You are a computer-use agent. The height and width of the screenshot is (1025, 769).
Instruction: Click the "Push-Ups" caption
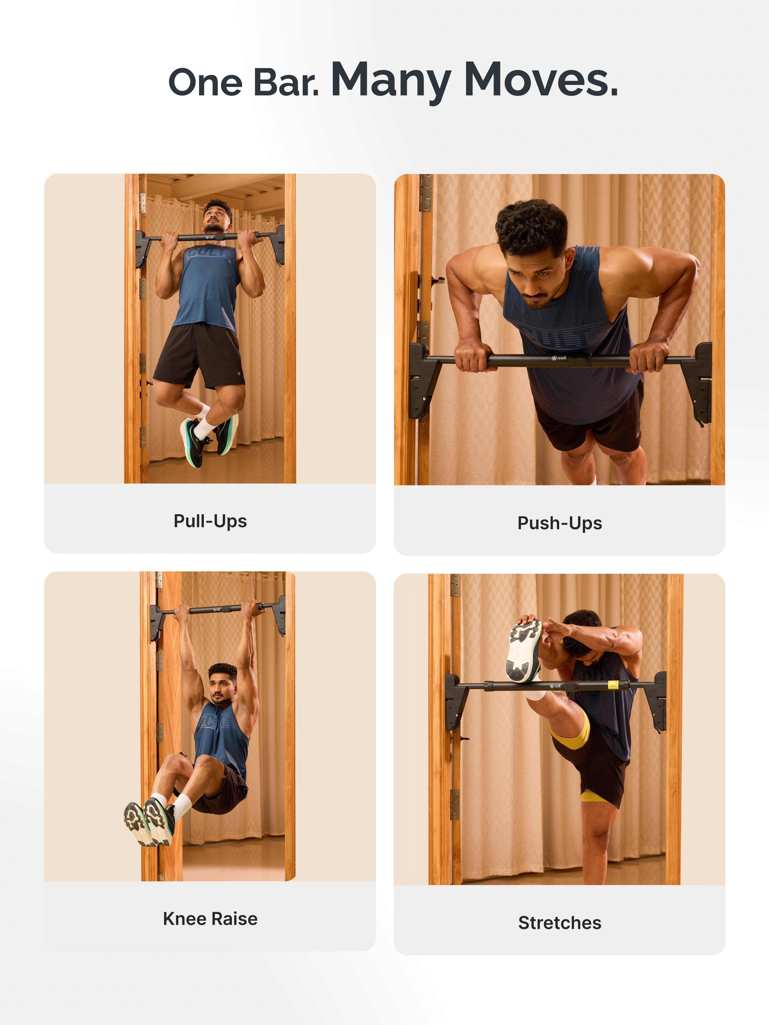pos(559,523)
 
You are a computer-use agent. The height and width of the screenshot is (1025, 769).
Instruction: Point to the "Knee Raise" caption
pos(210,918)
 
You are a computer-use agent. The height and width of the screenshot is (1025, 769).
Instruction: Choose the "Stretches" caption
pos(559,922)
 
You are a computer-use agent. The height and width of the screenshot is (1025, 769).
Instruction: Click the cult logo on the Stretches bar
pos(555,685)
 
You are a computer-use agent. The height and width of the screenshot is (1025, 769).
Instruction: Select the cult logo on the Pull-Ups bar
pos(210,237)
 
